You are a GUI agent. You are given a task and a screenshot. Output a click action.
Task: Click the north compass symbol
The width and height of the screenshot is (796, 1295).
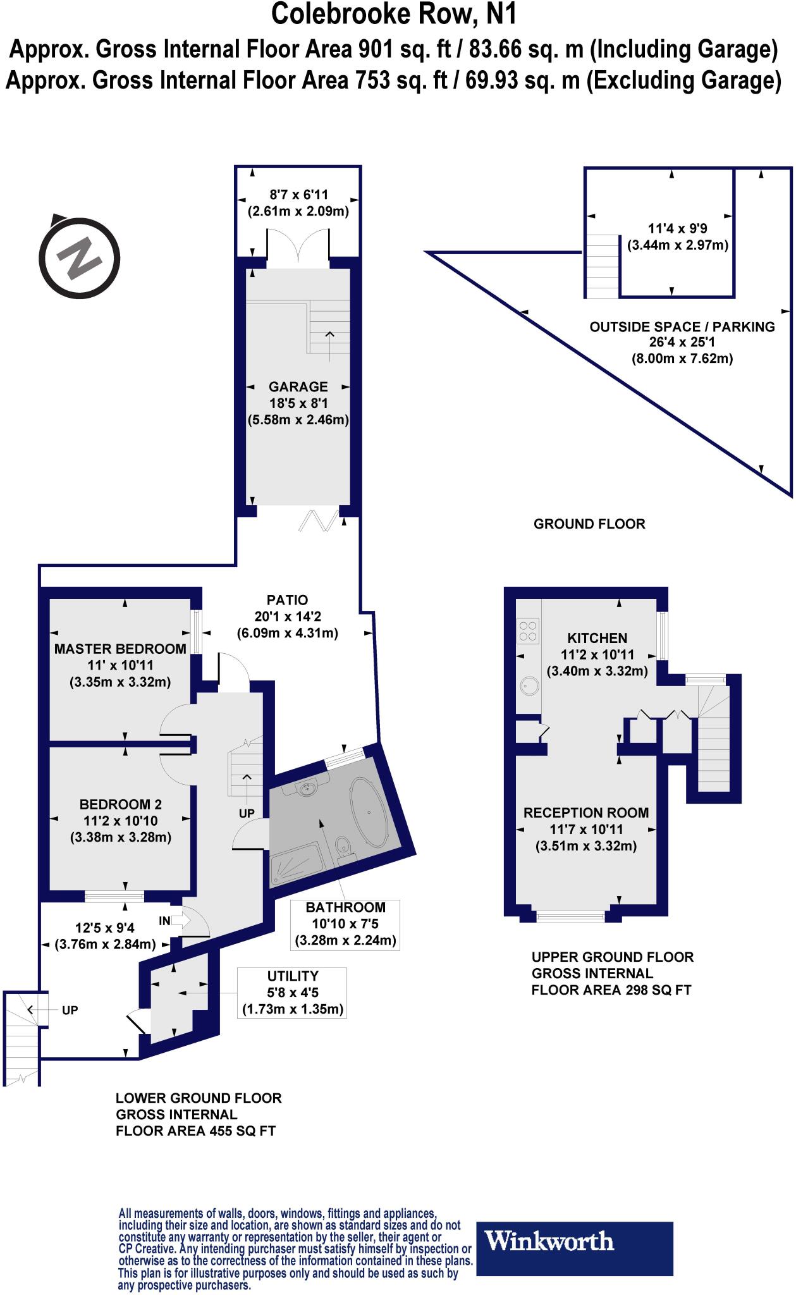coord(78,257)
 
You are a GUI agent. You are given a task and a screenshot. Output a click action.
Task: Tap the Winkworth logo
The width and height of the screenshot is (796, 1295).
coord(573,1241)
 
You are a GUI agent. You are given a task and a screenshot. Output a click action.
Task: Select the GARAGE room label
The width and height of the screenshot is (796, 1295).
coord(298,386)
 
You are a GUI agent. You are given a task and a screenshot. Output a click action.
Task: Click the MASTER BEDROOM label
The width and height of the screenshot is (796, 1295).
coord(120,648)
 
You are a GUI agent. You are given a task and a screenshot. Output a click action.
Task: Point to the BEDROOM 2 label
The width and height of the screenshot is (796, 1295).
coord(121,804)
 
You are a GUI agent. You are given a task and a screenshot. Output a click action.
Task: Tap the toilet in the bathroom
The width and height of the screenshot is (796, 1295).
coord(344,845)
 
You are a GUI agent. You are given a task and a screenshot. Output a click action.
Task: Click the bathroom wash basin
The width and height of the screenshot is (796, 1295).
coord(308,788)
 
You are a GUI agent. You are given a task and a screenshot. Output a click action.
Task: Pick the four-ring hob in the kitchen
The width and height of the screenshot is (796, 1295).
coord(528,630)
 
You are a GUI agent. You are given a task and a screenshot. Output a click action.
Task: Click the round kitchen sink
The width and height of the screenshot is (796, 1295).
coord(527,687)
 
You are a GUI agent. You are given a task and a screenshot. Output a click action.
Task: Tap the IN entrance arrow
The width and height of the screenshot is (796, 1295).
coord(180,921)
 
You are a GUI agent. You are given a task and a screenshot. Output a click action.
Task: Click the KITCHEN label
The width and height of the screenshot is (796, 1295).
coord(597,638)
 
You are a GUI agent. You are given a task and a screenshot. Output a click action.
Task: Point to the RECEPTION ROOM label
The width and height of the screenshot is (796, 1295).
coord(586,813)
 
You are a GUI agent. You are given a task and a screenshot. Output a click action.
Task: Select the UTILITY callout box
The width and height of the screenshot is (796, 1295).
coord(293,992)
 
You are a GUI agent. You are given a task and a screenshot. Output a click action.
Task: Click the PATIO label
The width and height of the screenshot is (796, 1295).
coord(287,599)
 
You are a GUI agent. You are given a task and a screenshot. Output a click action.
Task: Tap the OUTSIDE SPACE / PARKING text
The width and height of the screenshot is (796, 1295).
coord(682,327)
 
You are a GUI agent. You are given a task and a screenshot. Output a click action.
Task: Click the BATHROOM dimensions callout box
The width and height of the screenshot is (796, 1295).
coord(345,924)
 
